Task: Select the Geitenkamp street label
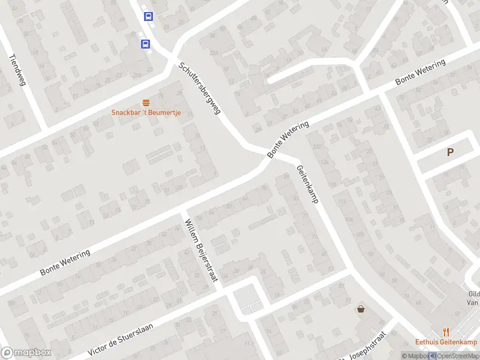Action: (x=307, y=183)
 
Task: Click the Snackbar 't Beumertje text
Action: (x=146, y=113)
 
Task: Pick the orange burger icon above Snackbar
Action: (x=146, y=103)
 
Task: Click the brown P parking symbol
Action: (x=450, y=152)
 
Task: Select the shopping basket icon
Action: (x=361, y=310)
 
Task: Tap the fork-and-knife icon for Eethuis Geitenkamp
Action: (x=446, y=331)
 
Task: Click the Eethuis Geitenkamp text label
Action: (x=446, y=343)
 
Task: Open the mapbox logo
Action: (x=26, y=353)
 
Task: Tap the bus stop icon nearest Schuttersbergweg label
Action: (x=145, y=44)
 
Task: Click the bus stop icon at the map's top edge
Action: (x=148, y=17)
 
